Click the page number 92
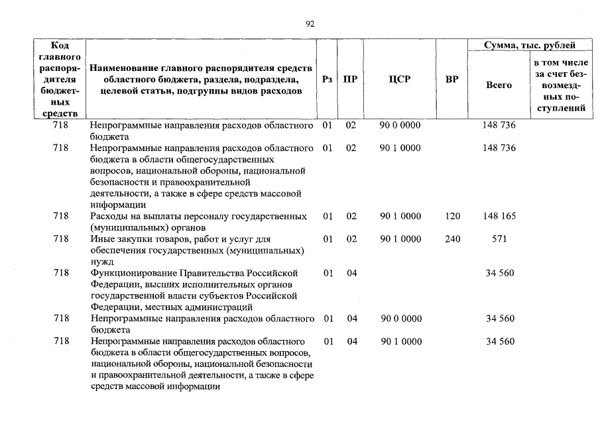coord(310,24)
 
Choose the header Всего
coord(499,85)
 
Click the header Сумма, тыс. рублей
coord(530,46)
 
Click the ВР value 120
coord(452,217)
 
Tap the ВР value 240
coord(452,239)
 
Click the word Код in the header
coord(60,45)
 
